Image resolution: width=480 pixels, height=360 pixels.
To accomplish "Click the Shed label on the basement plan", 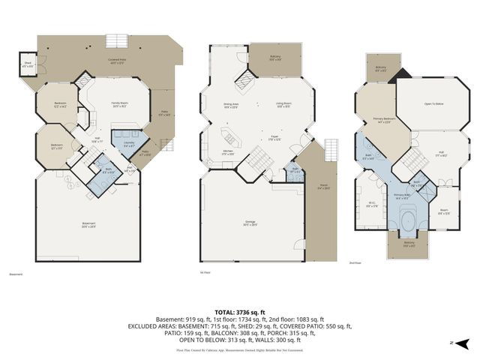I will [27, 64].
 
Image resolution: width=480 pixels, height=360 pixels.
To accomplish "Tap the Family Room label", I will [119, 103].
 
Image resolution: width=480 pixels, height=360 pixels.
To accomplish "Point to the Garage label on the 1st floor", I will [250, 222].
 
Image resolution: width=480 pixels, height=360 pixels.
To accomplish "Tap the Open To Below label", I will [433, 103].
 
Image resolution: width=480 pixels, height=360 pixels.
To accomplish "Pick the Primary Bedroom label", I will [385, 120].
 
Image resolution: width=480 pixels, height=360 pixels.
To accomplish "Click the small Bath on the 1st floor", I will [295, 169].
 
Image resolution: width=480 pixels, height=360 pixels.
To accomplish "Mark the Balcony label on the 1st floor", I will [274, 58].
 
